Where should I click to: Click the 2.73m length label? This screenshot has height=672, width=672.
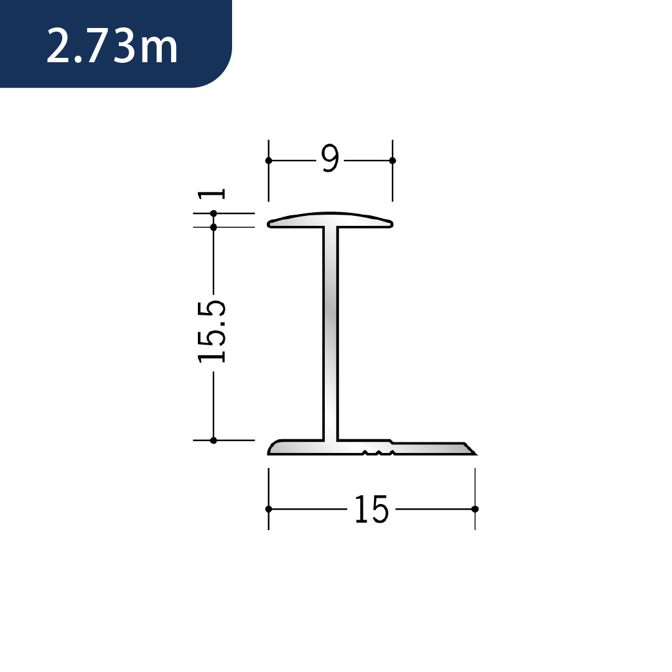point(112,45)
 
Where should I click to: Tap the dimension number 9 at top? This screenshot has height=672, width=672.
point(330,158)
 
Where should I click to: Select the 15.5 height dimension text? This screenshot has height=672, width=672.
point(212,332)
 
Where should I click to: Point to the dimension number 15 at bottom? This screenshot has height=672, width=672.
point(371,509)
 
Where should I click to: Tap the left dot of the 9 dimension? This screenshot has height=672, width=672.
point(269,161)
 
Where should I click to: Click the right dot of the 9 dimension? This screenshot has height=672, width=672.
point(392,161)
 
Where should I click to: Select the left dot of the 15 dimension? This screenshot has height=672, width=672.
point(269,509)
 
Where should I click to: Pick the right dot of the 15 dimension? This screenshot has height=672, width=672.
point(475,509)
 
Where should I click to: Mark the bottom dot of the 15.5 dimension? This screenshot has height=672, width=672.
point(213,440)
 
